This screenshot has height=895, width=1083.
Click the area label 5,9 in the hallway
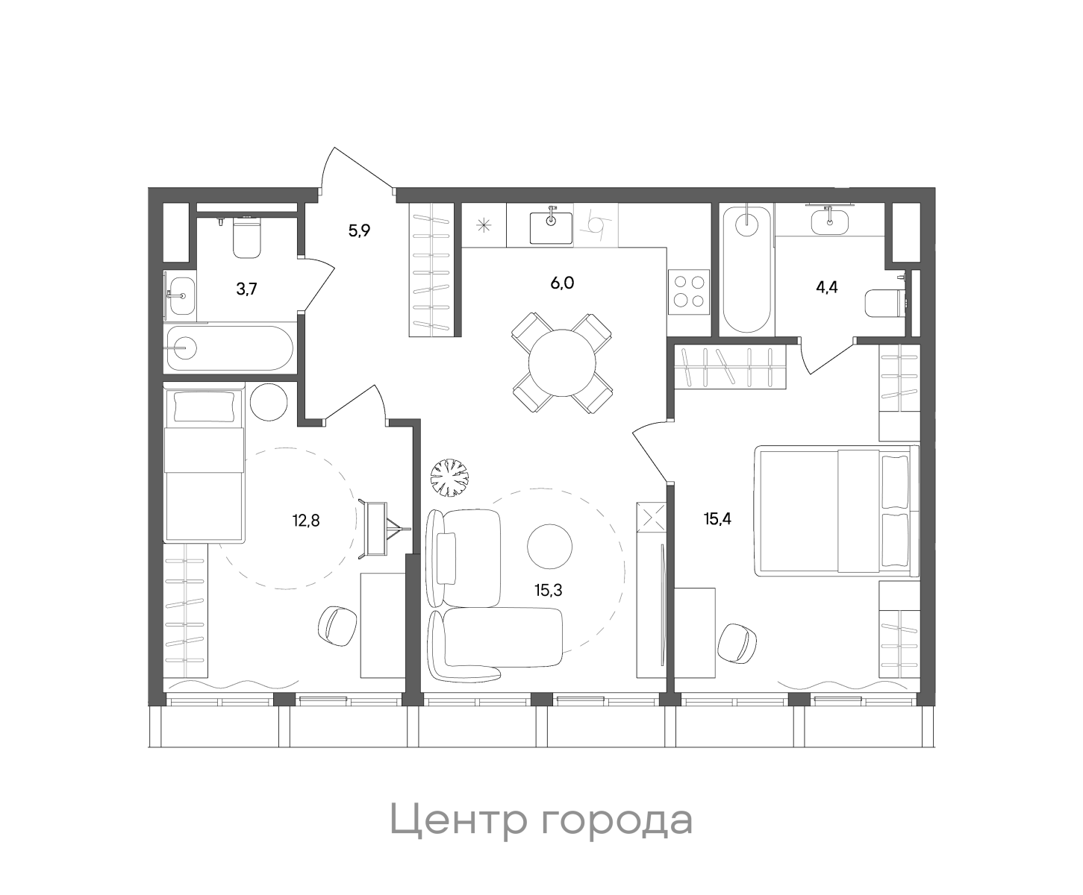[360, 230]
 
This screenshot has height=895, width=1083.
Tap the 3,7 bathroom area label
[247, 289]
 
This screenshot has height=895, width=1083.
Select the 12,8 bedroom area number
[306, 520]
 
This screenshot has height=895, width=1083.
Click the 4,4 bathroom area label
[827, 287]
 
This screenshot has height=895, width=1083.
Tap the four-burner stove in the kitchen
[688, 292]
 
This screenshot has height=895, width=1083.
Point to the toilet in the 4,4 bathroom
[884, 304]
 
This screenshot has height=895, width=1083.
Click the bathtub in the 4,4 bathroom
[746, 268]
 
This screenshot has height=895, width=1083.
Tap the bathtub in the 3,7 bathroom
[228, 348]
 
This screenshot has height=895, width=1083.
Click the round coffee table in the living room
[550, 545]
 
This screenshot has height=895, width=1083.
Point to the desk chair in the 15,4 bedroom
[740, 642]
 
